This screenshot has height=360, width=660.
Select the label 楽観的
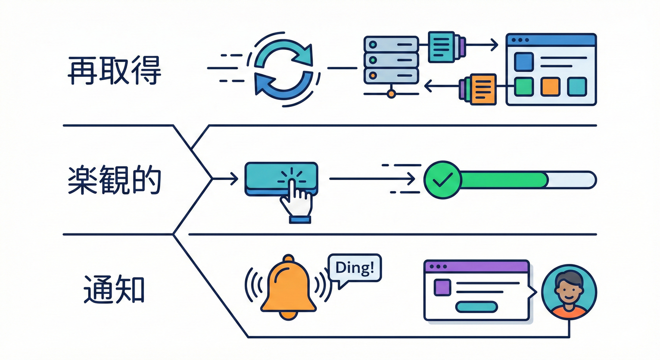pyautogui.click(x=114, y=180)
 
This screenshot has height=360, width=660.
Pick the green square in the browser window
pyautogui.click(x=524, y=87)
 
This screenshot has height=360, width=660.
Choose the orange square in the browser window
pyautogui.click(x=550, y=87)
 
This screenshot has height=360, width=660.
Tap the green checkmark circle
pyautogui.click(x=442, y=180)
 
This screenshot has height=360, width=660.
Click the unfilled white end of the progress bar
pyautogui.click(x=572, y=180)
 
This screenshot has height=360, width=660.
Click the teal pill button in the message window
pyautogui.click(x=476, y=307)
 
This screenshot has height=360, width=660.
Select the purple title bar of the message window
pyautogui.click(x=476, y=266)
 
